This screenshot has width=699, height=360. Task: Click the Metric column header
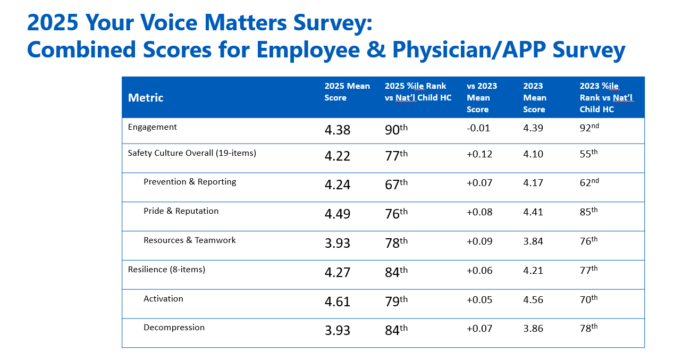146,98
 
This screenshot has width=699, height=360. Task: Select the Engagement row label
152,127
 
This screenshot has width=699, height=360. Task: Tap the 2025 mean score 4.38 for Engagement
338,130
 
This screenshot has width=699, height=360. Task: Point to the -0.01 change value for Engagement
478,128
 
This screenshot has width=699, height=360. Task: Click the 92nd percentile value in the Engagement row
589,128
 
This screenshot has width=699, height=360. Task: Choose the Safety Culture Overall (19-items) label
192,153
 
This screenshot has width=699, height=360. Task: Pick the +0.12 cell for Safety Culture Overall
479,154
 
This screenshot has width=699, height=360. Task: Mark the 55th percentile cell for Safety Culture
589,153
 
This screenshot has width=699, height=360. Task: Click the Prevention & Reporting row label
190,182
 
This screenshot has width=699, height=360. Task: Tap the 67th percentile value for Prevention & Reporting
397,184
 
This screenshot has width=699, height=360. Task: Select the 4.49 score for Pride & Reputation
338,214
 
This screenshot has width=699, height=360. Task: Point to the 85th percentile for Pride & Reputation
589,212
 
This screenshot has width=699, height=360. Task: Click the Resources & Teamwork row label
189,240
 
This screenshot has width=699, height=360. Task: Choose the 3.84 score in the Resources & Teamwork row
533,241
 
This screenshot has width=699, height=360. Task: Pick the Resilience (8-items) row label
166,270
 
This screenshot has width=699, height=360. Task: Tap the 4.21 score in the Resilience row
533,270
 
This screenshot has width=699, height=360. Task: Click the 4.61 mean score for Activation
338,302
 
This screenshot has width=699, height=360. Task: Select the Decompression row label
174,328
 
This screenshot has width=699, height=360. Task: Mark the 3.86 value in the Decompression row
533,329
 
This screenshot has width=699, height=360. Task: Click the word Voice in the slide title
169,22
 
